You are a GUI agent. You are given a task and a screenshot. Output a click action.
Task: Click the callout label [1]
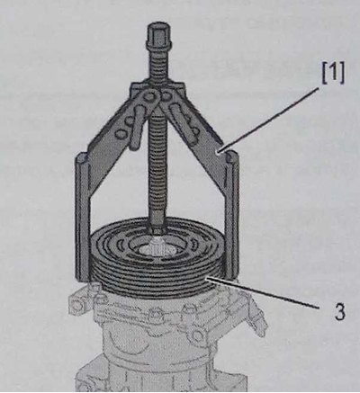click(x=333, y=74)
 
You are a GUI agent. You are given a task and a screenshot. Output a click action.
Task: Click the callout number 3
click(x=339, y=312)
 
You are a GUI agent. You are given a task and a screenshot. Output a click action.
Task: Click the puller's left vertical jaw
click(x=82, y=218)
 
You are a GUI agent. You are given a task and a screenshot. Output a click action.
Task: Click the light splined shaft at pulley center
click(x=157, y=246)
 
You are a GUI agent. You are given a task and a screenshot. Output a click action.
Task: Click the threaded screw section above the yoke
click(x=158, y=66)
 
